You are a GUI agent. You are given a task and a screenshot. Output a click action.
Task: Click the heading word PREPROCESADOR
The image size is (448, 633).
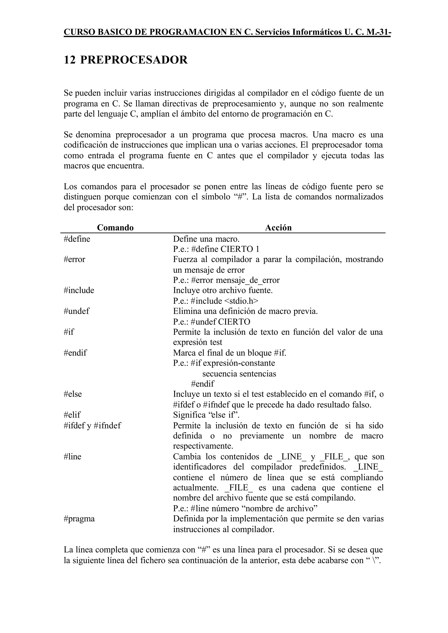(x=134, y=60)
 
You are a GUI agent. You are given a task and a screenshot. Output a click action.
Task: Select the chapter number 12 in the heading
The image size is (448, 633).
(x=70, y=60)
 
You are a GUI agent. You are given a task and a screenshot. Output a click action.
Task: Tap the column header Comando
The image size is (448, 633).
(x=115, y=228)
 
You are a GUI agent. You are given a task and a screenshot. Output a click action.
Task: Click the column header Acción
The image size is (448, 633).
(x=278, y=228)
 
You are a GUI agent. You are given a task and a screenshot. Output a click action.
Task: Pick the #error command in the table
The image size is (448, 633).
(x=74, y=259)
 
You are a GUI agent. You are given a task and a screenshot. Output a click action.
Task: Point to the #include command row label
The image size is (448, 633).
(x=79, y=290)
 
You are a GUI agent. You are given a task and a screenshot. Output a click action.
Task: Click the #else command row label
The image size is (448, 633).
(x=73, y=394)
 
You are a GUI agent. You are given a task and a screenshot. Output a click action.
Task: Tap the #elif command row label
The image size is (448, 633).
(x=72, y=415)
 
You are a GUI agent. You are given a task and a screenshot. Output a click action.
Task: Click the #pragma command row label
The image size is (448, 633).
(x=79, y=519)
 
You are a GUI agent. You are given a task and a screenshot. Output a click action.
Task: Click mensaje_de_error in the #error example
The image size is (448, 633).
(x=247, y=280)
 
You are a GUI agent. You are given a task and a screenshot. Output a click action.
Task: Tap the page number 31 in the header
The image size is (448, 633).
(x=383, y=32)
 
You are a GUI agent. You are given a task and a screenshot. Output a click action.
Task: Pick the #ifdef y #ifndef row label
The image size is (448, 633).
(x=92, y=426)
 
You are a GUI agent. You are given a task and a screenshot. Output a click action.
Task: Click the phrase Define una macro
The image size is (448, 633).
(x=206, y=239)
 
